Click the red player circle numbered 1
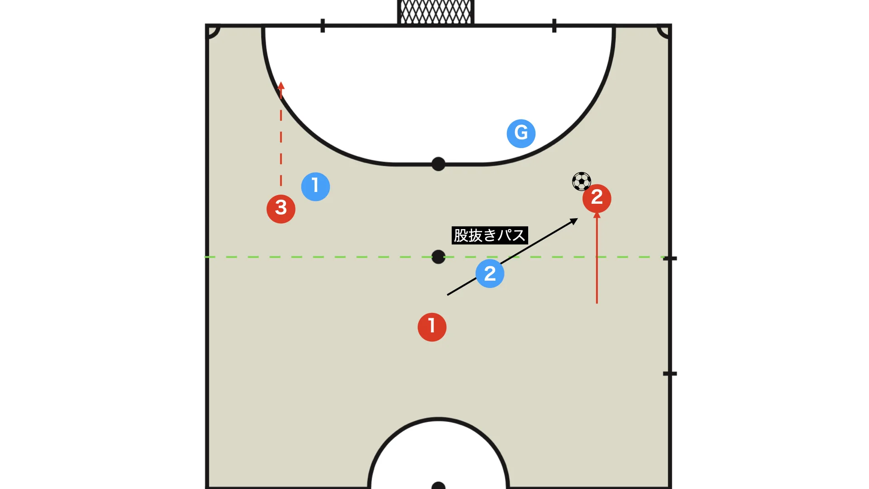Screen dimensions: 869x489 pyautogui.click(x=432, y=327)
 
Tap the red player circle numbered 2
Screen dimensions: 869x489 pyautogui.click(x=597, y=198)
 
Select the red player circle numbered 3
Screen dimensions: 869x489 pyautogui.click(x=281, y=209)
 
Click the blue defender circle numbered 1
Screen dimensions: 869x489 pyautogui.click(x=315, y=187)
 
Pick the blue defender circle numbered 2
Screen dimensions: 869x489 pyautogui.click(x=490, y=273)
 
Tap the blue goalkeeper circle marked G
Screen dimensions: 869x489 pyautogui.click(x=521, y=134)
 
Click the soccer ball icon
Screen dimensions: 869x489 pyautogui.click(x=582, y=182)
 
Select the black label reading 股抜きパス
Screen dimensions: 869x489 pyautogui.click(x=490, y=235)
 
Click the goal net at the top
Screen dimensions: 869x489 pyautogui.click(x=436, y=12)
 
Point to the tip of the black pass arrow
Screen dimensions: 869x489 pyautogui.click(x=578, y=219)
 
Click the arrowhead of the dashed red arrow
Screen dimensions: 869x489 pyautogui.click(x=281, y=85)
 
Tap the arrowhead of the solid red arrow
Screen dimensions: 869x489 pyautogui.click(x=597, y=215)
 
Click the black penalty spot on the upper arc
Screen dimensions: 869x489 pyautogui.click(x=438, y=164)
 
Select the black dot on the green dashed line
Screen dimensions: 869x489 pyautogui.click(x=438, y=257)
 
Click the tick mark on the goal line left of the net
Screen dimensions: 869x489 pyautogui.click(x=323, y=26)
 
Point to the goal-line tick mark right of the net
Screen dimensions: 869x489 pyautogui.click(x=554, y=26)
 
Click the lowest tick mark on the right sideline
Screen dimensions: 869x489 pyautogui.click(x=670, y=374)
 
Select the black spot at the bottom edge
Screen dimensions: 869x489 pyautogui.click(x=438, y=485)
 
